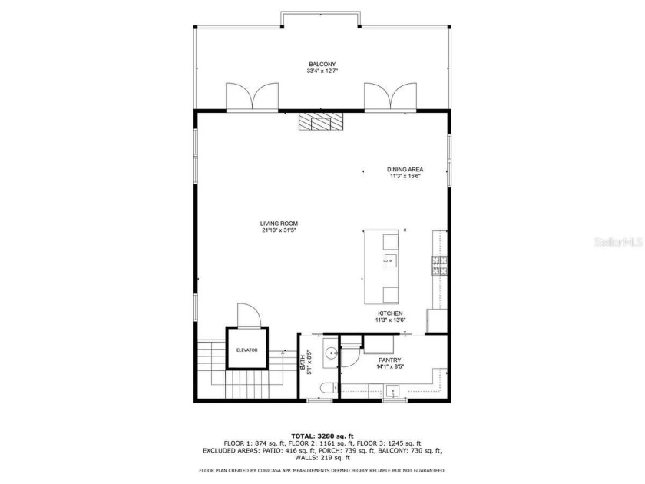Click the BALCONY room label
click(x=322, y=64)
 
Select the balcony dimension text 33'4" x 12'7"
click(x=322, y=71)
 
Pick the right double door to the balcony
click(x=389, y=98)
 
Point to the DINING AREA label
click(x=405, y=169)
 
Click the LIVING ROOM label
click(x=279, y=224)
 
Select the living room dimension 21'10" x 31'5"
click(x=279, y=230)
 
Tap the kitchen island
click(x=382, y=267)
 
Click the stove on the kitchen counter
click(x=440, y=266)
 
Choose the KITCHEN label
click(x=390, y=313)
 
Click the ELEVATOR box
click(x=247, y=350)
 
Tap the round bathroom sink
click(x=331, y=354)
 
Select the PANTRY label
click(x=390, y=360)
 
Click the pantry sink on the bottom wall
click(x=395, y=393)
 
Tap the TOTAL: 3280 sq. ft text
click(x=322, y=436)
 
